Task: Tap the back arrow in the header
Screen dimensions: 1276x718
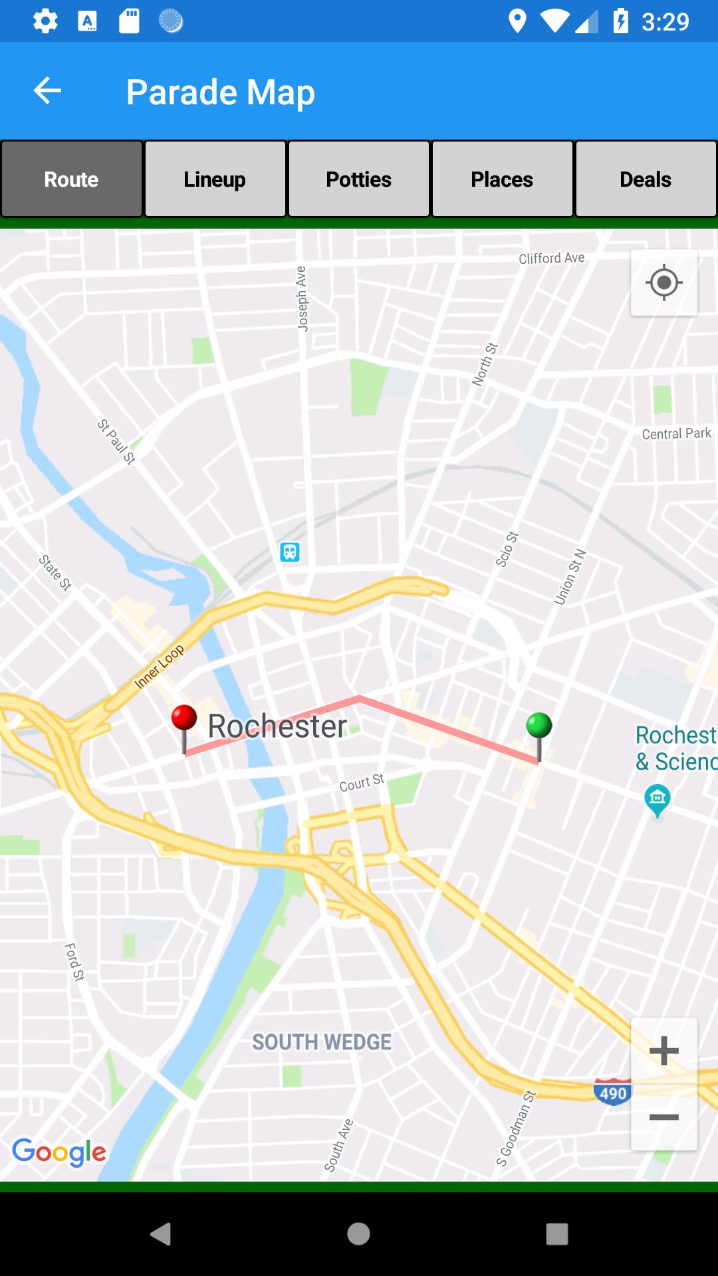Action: click(x=47, y=91)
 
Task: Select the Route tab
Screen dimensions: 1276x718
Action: click(x=71, y=179)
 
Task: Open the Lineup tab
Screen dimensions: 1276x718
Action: click(x=215, y=179)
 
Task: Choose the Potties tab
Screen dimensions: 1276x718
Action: click(x=358, y=179)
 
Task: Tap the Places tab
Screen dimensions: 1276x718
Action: click(x=502, y=179)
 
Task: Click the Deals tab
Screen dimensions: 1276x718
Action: click(x=646, y=179)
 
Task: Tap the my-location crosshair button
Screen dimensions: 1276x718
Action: click(x=663, y=283)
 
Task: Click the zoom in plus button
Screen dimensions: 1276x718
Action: click(x=663, y=1051)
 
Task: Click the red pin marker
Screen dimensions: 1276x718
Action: click(x=184, y=719)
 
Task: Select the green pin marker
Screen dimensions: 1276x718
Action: click(x=538, y=726)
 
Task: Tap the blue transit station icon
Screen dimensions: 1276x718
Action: click(x=290, y=552)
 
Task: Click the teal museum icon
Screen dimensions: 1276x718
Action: click(x=658, y=797)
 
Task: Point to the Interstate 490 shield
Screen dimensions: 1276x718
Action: click(x=612, y=1093)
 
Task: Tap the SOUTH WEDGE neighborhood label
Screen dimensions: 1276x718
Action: click(x=322, y=1042)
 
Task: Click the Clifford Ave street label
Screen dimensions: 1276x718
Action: click(x=551, y=258)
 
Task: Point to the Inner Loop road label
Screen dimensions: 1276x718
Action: click(x=159, y=667)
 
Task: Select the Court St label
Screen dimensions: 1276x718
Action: click(x=362, y=783)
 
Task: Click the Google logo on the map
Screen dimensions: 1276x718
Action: click(x=59, y=1152)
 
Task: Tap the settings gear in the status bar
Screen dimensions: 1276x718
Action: click(x=45, y=21)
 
